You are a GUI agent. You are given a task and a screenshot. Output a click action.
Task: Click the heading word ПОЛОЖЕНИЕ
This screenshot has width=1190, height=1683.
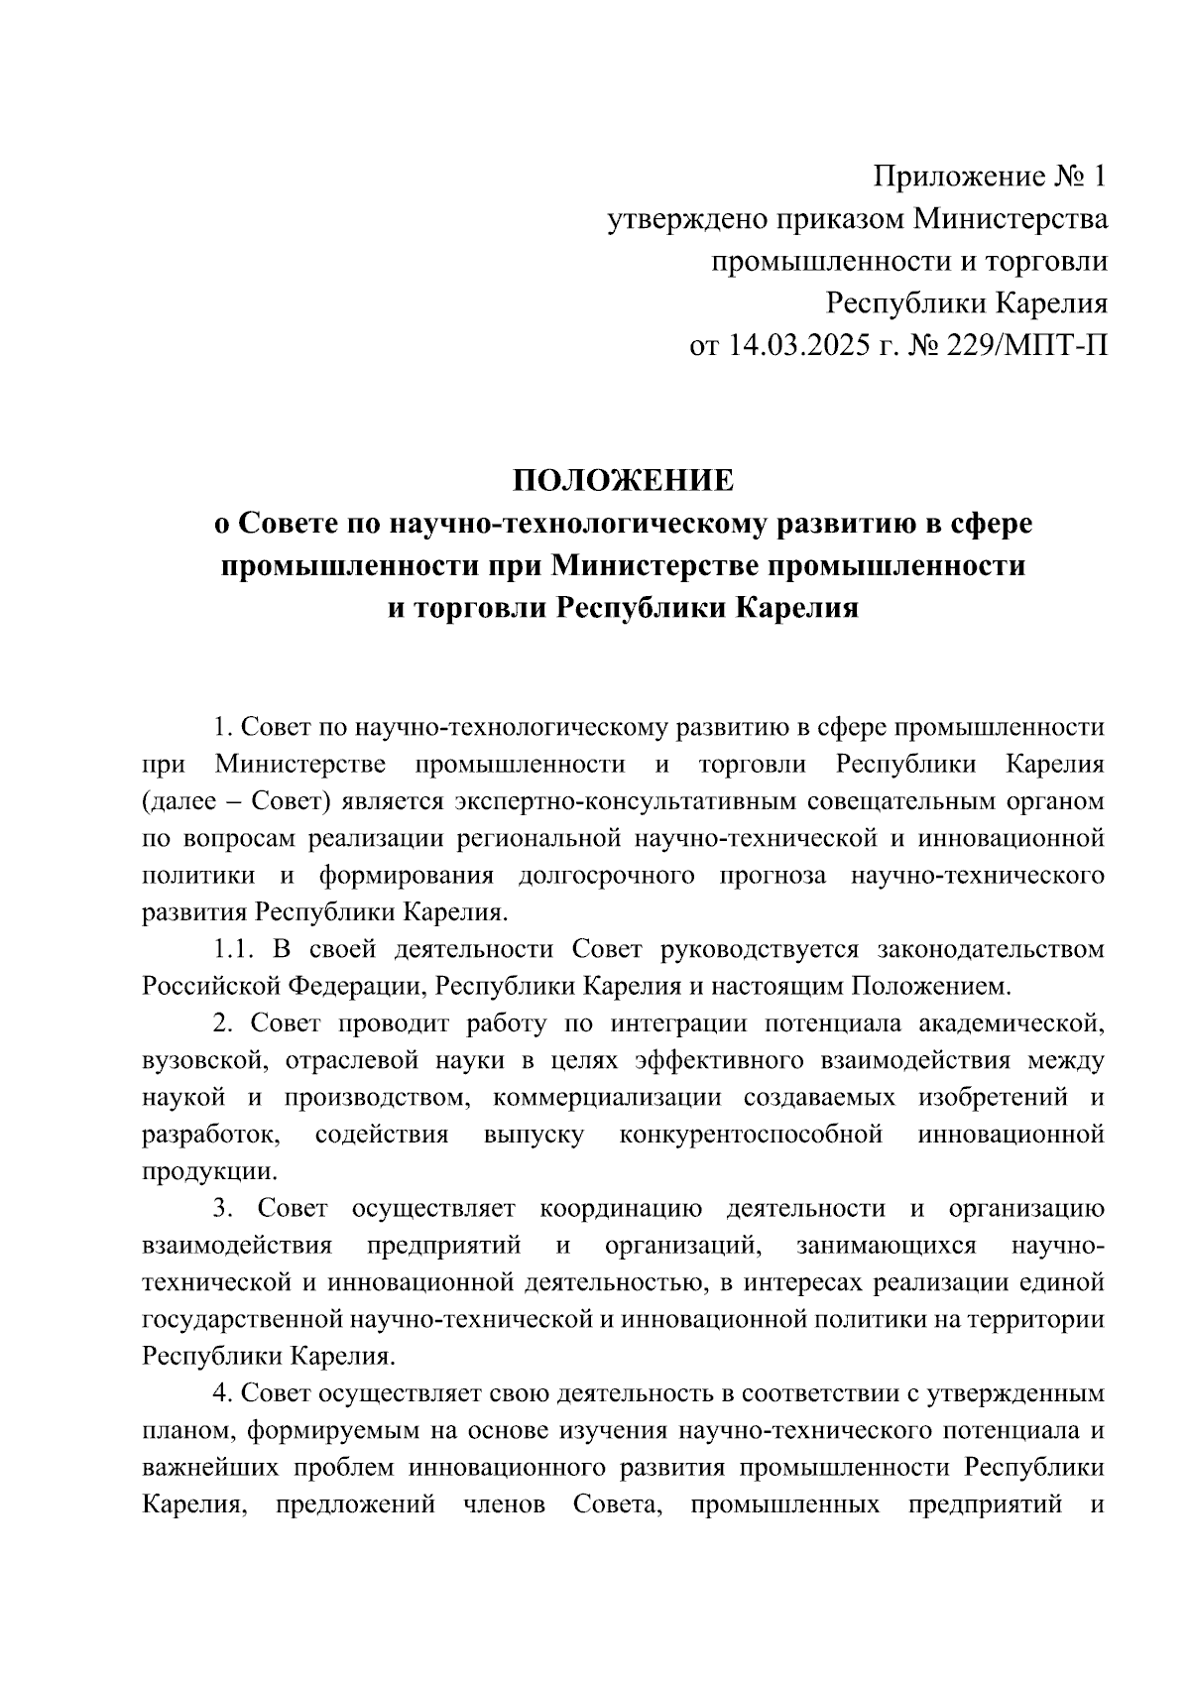(623, 481)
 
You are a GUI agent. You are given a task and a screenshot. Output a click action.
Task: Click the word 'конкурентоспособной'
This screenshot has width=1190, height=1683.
(751, 1134)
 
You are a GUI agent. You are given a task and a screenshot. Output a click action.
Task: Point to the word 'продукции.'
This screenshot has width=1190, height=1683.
(205, 1171)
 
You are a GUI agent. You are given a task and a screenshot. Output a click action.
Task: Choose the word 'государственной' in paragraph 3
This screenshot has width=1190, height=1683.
(241, 1319)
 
